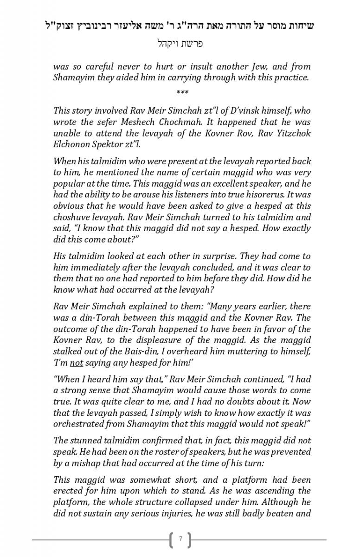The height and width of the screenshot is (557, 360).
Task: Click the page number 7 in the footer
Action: coord(180,539)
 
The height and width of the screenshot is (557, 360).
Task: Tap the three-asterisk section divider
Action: coord(182,93)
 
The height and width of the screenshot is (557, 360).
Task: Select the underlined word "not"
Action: coord(77,363)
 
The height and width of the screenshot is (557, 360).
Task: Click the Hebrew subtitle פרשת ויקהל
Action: coord(180,44)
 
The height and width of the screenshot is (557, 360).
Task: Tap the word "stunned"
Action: coord(85,440)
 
